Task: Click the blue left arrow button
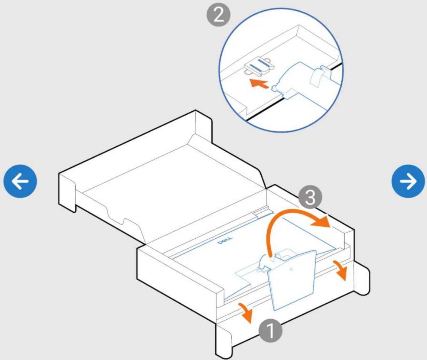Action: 20,181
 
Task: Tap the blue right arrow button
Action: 408,181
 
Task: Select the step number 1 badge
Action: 270,331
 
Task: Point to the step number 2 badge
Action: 218,15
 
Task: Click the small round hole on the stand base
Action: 291,269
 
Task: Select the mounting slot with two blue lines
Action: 259,67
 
